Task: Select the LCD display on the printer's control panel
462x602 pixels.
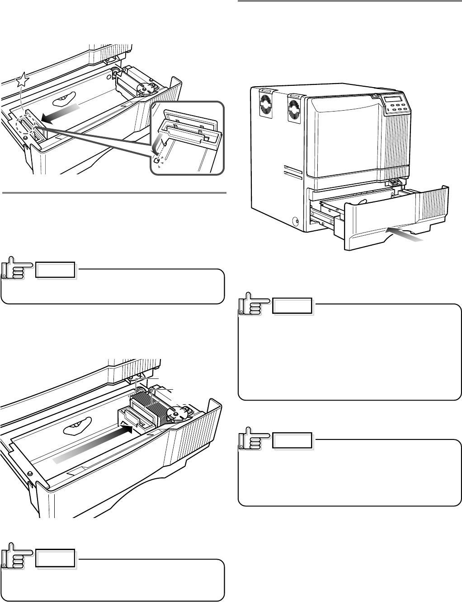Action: (392, 99)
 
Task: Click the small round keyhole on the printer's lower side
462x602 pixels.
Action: (296, 222)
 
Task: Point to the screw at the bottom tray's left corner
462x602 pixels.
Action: (30, 473)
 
